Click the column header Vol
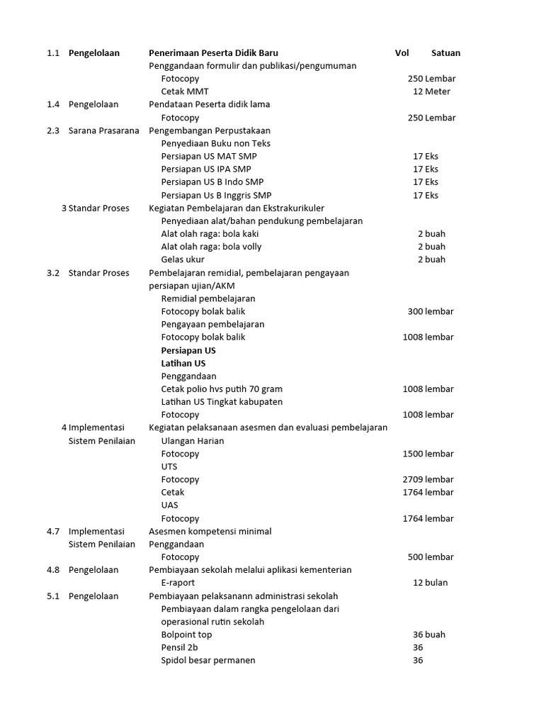coord(402,53)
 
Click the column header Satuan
coord(446,53)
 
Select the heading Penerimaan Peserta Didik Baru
coord(213,53)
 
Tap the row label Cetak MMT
coord(185,91)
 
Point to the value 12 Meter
coord(431,91)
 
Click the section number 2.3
coord(53,130)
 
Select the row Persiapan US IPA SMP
coord(206,169)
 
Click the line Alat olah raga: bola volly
coord(211,247)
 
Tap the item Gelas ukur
coord(183,259)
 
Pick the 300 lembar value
coord(431,311)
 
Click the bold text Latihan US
coord(183,363)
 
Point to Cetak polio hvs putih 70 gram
coord(222,389)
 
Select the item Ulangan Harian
coord(193,441)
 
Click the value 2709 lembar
coord(428,479)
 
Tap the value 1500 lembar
coord(428,454)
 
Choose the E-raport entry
coord(180,583)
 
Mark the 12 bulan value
coord(430,583)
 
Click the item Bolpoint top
coord(186,635)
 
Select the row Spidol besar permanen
coord(208,660)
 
